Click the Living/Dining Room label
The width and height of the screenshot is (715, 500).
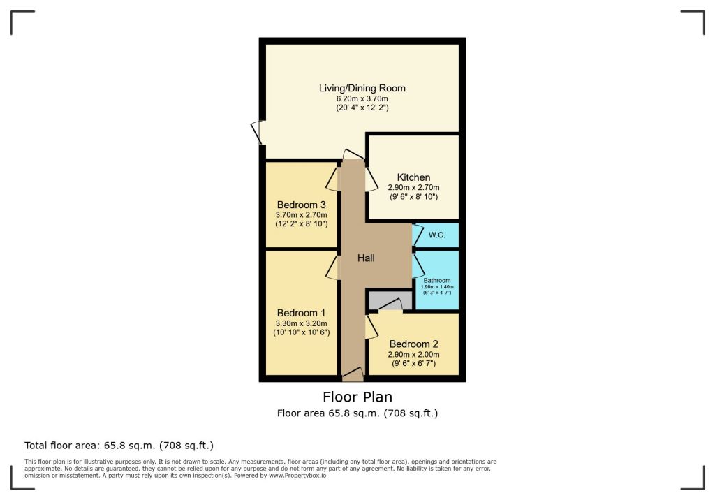(362, 88)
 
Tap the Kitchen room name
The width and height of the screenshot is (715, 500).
(413, 177)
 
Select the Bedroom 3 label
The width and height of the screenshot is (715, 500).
(302, 205)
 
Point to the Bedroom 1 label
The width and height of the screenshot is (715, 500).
(302, 313)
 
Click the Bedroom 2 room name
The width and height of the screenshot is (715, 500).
(413, 344)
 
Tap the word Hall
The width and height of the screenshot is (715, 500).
(366, 258)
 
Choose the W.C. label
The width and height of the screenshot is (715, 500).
(437, 235)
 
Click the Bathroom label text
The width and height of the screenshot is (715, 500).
(437, 281)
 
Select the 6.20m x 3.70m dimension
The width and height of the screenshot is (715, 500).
(362, 98)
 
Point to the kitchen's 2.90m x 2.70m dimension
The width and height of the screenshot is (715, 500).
(413, 187)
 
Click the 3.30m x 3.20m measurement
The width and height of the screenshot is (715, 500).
(302, 323)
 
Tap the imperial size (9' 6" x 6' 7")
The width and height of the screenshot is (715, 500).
(413, 364)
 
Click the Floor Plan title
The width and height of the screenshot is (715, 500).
(357, 397)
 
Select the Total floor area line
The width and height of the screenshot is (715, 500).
(119, 446)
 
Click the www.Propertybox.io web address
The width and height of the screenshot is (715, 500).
(297, 476)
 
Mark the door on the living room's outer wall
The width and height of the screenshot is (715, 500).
(257, 132)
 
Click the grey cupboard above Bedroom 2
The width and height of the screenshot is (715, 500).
(390, 300)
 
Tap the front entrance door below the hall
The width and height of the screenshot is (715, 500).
(353, 374)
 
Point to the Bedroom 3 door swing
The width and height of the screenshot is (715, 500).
(332, 179)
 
